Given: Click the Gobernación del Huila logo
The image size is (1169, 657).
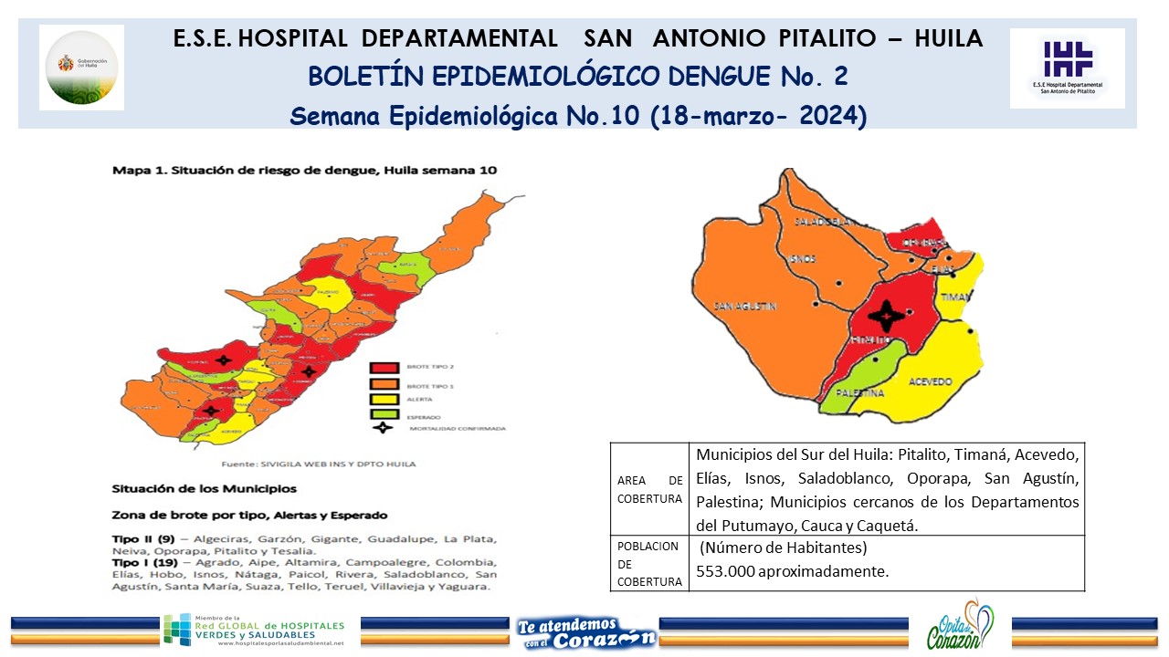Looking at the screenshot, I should pos(82,67).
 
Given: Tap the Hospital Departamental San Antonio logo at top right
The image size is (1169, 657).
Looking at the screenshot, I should pos(1067,68).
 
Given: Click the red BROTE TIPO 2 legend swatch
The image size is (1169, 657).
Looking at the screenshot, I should pos(384,368).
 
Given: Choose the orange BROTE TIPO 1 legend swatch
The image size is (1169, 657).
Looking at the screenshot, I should pos(384,384).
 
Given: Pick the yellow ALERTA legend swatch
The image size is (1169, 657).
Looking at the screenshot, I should pos(384,399).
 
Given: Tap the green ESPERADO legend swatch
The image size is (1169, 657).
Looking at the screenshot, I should pos(384,413).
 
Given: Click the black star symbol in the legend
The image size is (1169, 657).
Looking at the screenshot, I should pos(384,427).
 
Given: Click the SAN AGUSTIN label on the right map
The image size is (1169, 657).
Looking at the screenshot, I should pos(745,307).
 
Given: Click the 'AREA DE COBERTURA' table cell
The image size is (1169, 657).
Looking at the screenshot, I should pos(649,490).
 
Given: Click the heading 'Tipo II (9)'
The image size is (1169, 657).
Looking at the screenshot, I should pos(142,538).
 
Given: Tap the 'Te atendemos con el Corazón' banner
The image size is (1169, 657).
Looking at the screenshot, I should pos(585,631).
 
